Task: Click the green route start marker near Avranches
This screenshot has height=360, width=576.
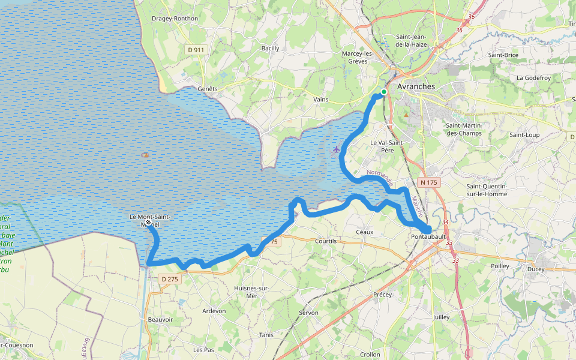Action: tap(383, 92)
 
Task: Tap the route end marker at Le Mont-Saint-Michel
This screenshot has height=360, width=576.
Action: tap(148, 222)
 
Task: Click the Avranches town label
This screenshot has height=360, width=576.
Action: tap(416, 86)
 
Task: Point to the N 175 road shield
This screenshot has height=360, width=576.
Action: tap(428, 182)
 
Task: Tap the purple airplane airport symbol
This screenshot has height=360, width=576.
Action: tap(336, 148)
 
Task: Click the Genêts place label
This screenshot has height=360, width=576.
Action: tap(207, 88)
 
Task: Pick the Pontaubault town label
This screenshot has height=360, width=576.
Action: tap(428, 237)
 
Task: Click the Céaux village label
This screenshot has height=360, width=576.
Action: tap(364, 232)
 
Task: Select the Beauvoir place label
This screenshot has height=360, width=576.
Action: tap(160, 320)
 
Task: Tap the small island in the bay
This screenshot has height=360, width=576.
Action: tap(145, 155)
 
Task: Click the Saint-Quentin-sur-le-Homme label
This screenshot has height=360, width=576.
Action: tap(487, 190)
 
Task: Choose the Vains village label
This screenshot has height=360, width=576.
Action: tap(321, 99)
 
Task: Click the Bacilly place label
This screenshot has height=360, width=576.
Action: tap(270, 48)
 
